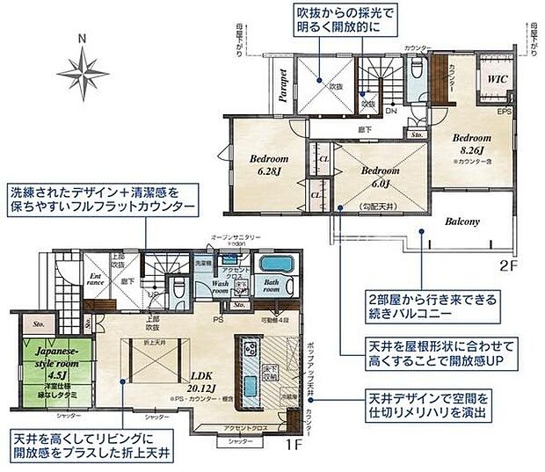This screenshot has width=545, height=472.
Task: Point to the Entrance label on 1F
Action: pos(97,281)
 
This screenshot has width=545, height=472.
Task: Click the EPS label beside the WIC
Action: pos(505,112)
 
